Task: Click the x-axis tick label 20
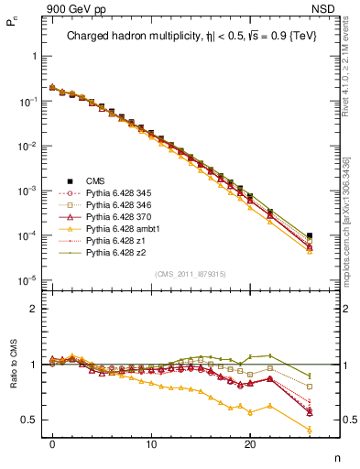pos(250,442)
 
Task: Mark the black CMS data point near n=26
pos(310,235)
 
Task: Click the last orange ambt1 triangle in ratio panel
pos(310,429)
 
